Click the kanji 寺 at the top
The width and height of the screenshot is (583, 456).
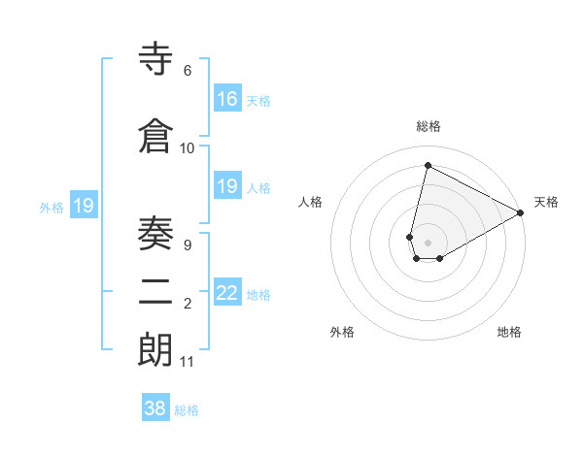coord(156,60)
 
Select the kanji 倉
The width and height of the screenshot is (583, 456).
coord(156,136)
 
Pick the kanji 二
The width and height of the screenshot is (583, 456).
coord(156,291)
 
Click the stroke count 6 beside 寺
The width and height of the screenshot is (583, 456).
coord(187,71)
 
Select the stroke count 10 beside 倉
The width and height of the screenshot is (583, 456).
coord(187,147)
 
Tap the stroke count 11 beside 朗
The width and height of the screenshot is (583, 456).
coord(187,362)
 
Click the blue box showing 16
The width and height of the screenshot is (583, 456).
coord(227,98)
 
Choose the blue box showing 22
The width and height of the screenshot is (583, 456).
coord(227,293)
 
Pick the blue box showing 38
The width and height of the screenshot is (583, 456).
coord(155,408)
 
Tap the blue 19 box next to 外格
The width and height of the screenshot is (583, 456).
coord(84,206)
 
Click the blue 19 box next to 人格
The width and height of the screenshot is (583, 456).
coord(227,186)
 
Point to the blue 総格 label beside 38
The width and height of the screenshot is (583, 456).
coord(187,410)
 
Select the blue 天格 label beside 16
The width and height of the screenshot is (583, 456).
coord(257,100)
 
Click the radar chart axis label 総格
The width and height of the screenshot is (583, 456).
coord(429,126)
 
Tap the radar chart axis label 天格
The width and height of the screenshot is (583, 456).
coord(546,202)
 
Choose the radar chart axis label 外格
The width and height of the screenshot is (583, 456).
coord(342,332)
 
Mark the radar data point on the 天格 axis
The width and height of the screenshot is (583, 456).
coord(521,212)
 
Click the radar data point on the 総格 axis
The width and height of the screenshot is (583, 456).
coord(428,165)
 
